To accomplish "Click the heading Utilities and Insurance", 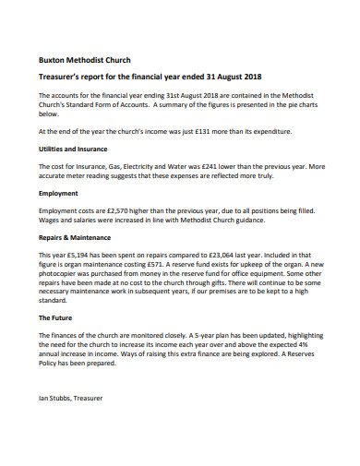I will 73,148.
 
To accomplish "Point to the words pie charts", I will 301,103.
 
